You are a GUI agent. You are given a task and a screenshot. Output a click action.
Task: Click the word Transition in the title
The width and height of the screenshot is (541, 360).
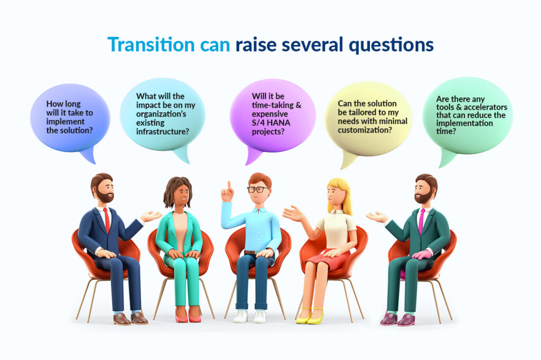tap(151, 45)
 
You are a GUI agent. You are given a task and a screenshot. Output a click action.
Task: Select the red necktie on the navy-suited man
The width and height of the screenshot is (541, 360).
tap(107, 220)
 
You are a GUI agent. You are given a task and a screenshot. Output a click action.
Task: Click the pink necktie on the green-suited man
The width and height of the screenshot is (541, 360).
tap(421, 221)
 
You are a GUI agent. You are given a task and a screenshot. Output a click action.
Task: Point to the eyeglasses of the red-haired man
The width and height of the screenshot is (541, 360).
tap(258, 190)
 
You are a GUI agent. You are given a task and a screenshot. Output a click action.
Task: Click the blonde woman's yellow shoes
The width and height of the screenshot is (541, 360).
tap(310, 316)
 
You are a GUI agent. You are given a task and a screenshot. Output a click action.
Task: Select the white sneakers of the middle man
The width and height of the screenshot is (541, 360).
tap(249, 316)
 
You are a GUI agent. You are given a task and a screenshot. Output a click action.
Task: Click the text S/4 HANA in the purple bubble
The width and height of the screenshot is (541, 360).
tap(271, 123)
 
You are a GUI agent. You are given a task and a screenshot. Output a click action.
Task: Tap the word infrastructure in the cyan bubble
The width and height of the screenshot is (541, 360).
tap(162, 132)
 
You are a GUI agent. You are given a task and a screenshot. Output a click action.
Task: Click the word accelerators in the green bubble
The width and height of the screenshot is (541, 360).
tap(486, 107)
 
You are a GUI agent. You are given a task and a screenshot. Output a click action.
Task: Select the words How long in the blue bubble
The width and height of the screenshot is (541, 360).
tap(63, 104)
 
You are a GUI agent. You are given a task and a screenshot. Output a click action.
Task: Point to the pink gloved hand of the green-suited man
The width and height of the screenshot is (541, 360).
tap(422, 254)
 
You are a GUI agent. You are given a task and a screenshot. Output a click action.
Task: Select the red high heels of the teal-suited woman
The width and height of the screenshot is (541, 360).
tap(188, 315)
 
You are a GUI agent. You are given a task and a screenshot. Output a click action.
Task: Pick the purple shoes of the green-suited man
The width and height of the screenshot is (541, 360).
tap(397, 319)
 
